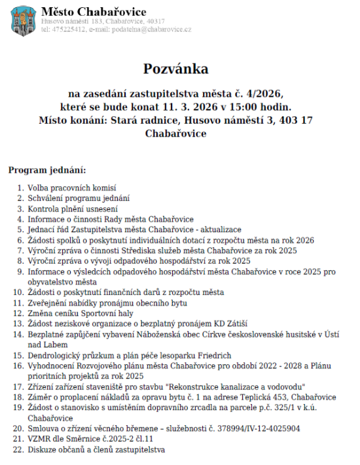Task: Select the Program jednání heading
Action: (x=47, y=171)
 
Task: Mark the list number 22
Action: (x=18, y=449)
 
